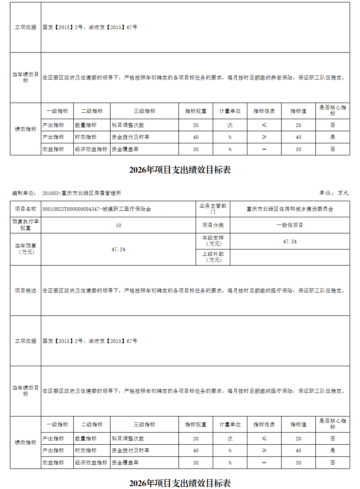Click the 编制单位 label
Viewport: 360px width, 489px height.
24,193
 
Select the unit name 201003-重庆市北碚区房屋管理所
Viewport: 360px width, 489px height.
82,193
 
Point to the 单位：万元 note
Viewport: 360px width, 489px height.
334,193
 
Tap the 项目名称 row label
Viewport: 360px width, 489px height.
26,209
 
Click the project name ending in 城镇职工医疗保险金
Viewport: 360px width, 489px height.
97,209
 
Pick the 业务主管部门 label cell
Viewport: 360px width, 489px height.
213,209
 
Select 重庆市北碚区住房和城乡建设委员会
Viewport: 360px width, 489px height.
290,209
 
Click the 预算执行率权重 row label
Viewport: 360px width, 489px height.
26,225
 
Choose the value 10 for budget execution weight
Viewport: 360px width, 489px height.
118,225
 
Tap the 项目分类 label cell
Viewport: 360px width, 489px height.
213,225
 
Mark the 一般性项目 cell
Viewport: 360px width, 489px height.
290,225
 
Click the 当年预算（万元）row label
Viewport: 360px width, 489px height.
26,249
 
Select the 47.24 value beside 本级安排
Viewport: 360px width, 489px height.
290,241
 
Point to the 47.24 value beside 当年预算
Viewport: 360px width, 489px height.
118,249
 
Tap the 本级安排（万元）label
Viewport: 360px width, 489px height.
213,241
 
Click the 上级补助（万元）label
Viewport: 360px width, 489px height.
213,257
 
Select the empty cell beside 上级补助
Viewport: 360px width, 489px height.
290,257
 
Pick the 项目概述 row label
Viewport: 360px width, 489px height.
26,291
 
